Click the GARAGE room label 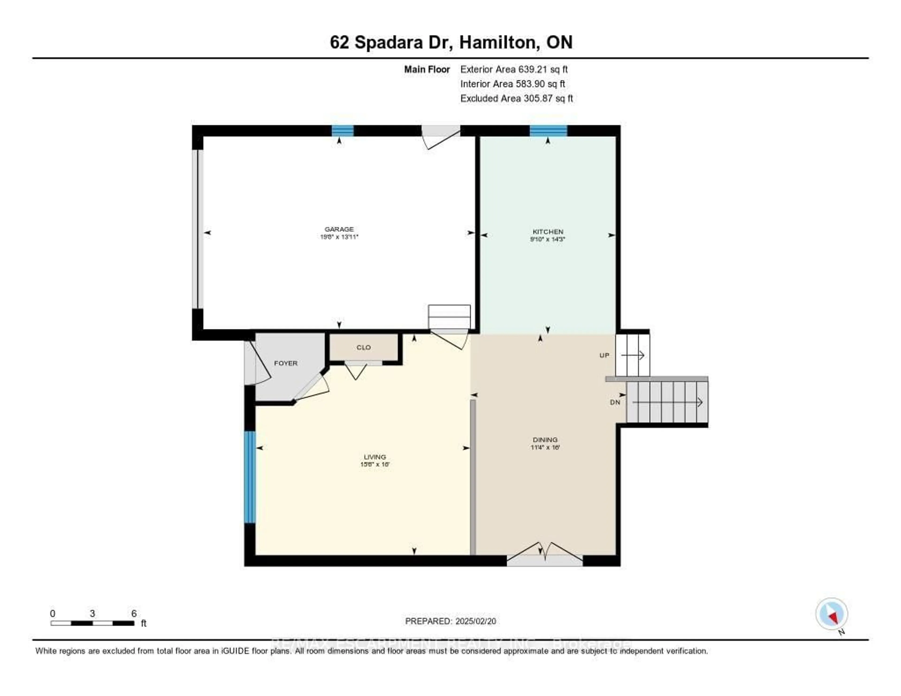coord(339,229)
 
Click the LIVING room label coord(374,457)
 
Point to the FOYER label coord(286,363)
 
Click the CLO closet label coord(363,347)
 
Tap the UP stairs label coord(604,355)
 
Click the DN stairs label coord(615,402)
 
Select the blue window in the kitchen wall coord(548,131)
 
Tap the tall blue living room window coord(250,477)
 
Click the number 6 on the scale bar coord(134,613)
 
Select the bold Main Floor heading coord(427,69)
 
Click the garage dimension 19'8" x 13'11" coord(339,237)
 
